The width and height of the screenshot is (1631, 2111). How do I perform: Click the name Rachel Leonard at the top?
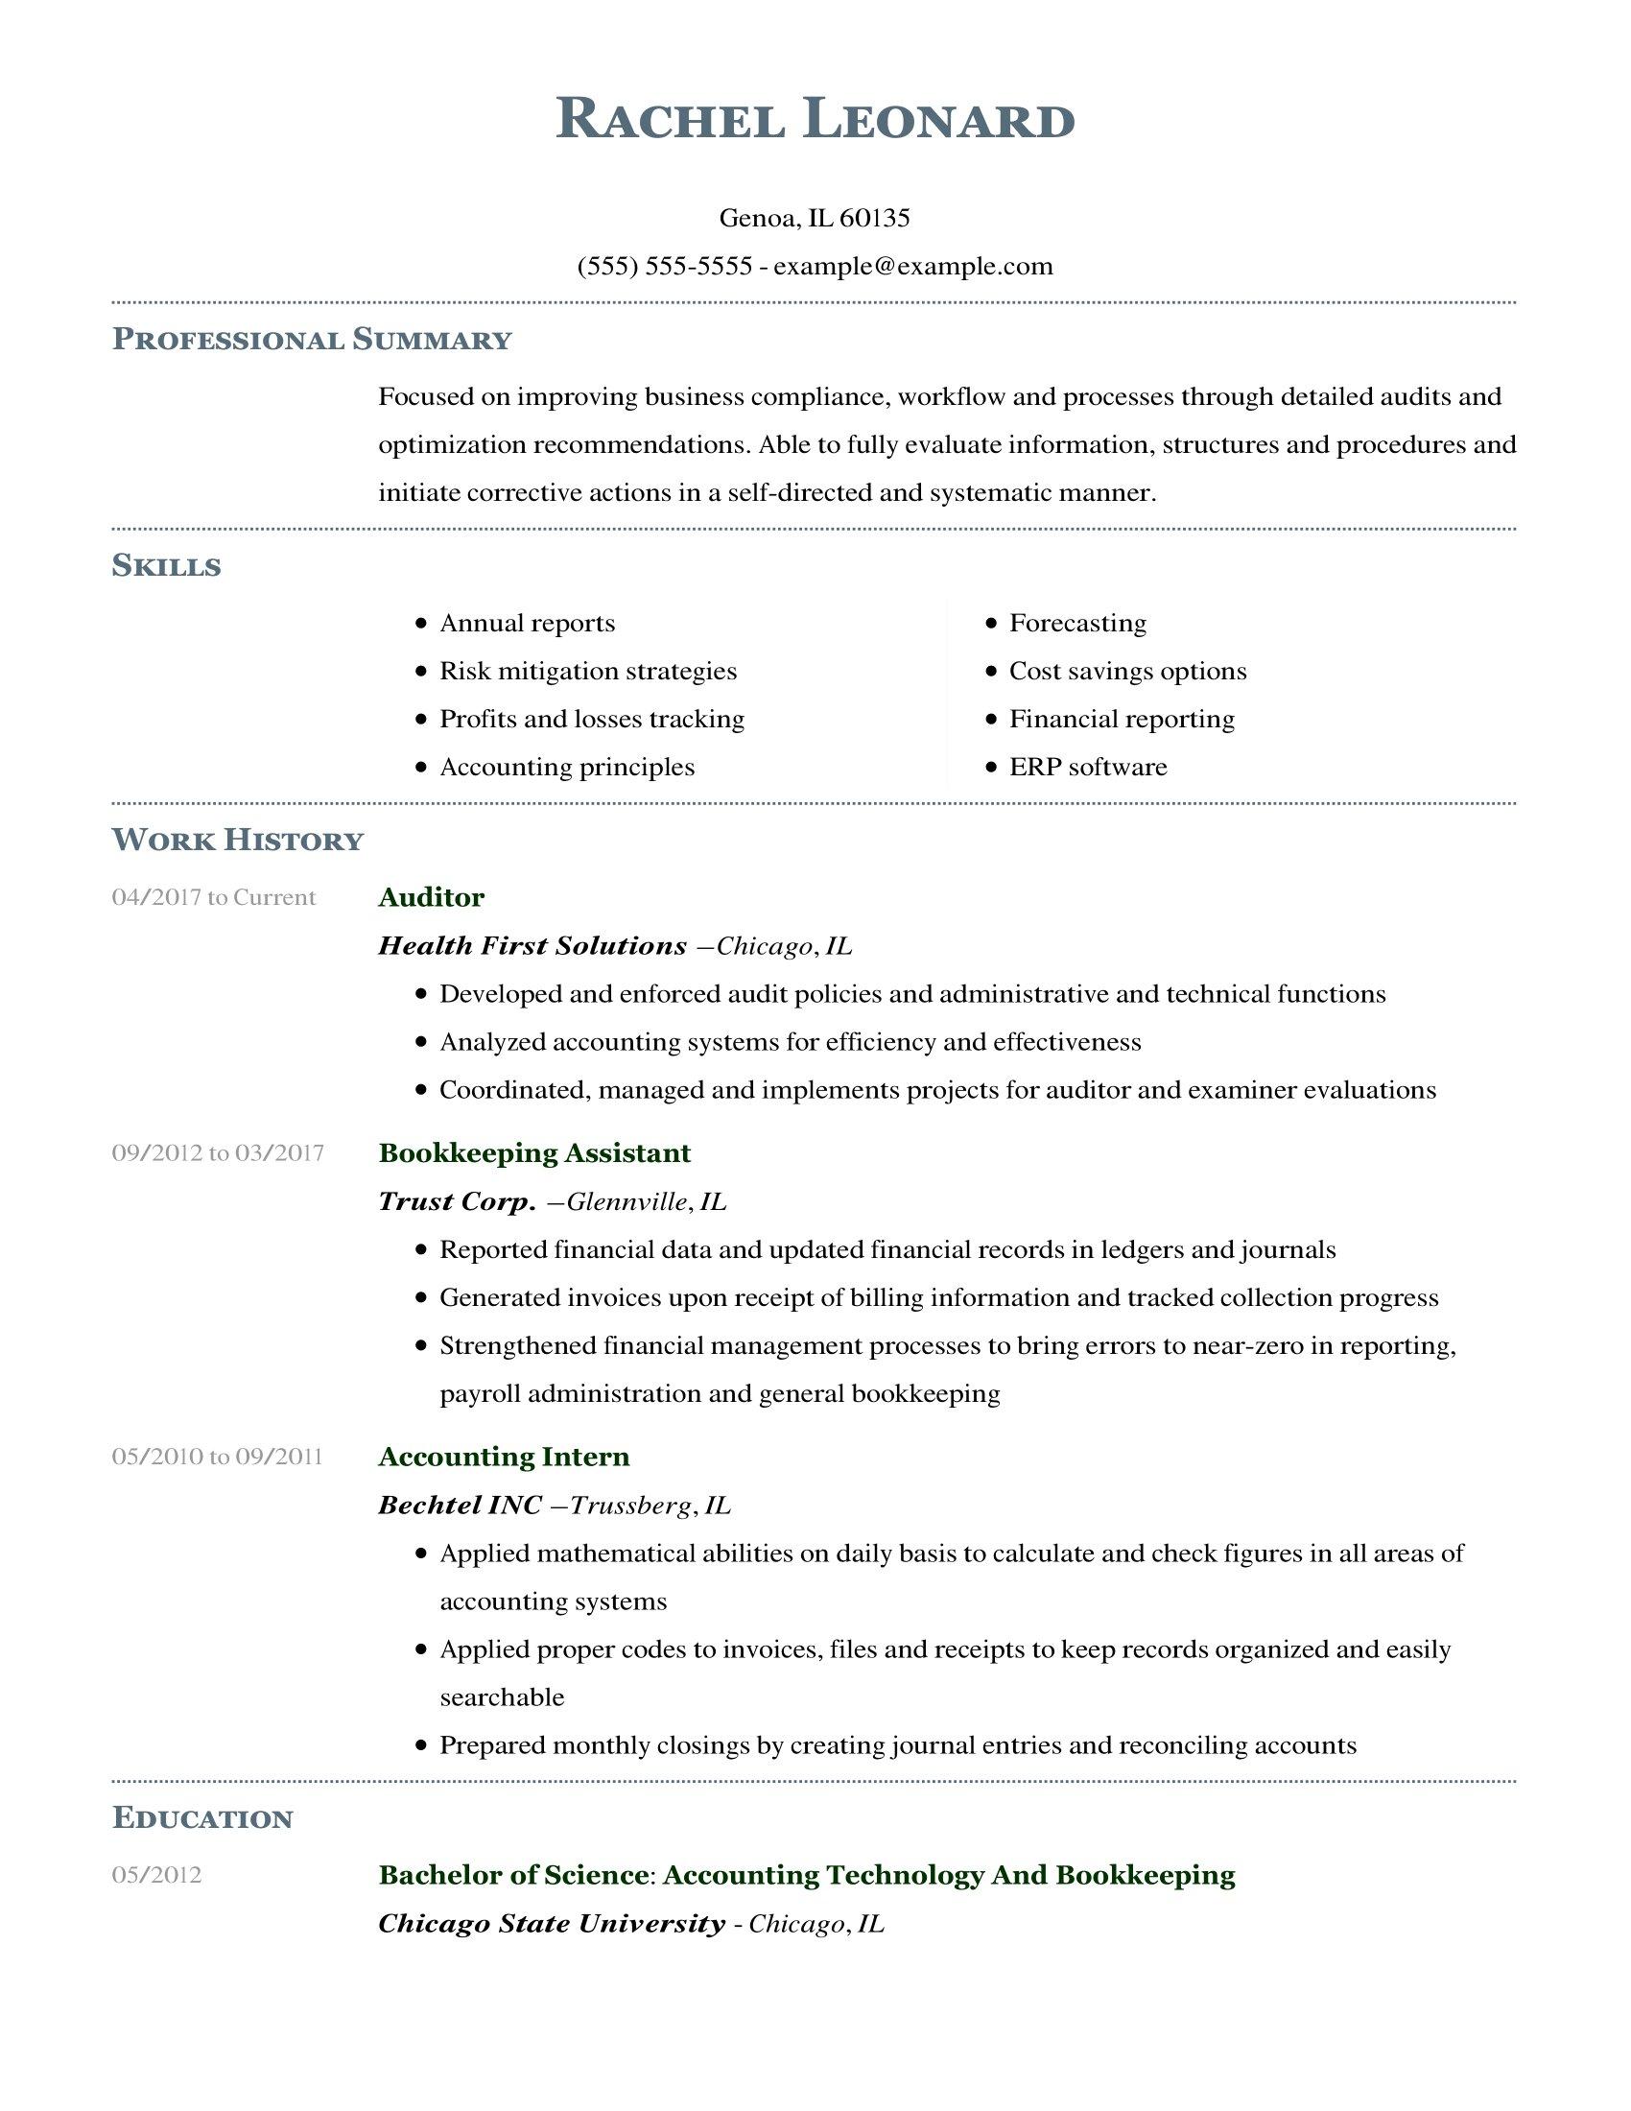click(x=815, y=121)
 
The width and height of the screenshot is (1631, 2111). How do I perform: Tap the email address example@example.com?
click(x=913, y=266)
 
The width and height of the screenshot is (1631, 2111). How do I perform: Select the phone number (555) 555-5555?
click(x=664, y=266)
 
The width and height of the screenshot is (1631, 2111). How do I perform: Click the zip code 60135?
click(x=874, y=218)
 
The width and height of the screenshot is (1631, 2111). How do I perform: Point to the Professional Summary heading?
click(x=311, y=340)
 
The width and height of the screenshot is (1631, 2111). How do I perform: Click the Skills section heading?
click(x=166, y=565)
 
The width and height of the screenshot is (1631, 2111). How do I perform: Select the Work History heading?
click(x=238, y=840)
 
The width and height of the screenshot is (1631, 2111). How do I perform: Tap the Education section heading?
click(x=201, y=1818)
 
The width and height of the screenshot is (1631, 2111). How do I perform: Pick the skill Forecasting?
click(x=1077, y=623)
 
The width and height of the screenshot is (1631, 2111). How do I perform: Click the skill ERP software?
click(x=1088, y=767)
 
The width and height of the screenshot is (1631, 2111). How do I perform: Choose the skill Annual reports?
click(x=528, y=623)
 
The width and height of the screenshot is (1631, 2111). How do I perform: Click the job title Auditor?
click(x=431, y=897)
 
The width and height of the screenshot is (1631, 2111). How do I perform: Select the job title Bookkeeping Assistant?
click(x=534, y=1152)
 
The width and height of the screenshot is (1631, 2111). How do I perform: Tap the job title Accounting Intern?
click(x=504, y=1456)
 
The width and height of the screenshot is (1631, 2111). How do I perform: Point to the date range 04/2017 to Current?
click(x=214, y=897)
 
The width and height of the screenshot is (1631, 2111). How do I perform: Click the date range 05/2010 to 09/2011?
click(x=217, y=1456)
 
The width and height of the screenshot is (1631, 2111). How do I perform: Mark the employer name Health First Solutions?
click(x=532, y=945)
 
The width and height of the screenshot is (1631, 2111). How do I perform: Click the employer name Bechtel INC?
click(x=460, y=1504)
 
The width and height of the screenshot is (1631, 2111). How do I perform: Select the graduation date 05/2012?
click(x=156, y=1875)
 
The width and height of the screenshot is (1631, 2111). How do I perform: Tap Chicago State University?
click(x=551, y=1924)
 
